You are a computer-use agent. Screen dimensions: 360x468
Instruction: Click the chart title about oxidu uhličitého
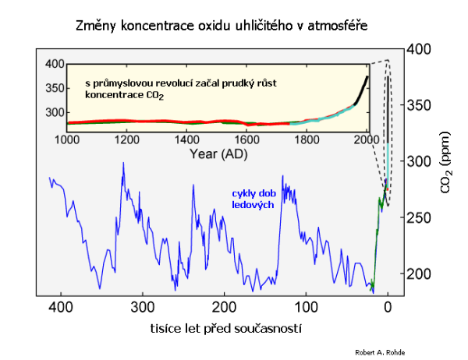(x=222, y=26)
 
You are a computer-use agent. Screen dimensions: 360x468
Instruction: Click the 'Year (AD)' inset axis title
(x=218, y=154)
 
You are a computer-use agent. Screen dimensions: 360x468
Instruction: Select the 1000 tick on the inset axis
(x=68, y=139)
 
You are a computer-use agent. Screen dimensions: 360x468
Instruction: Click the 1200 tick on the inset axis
(x=128, y=139)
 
